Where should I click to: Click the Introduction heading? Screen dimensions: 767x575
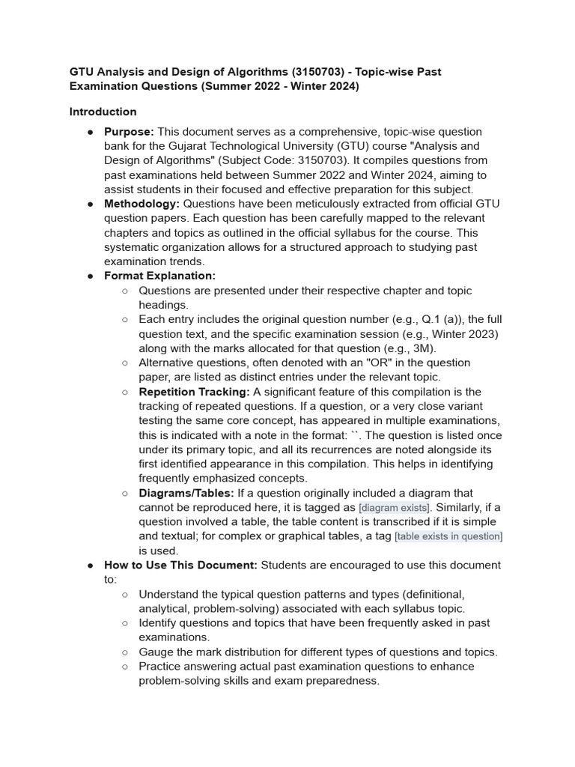[x=103, y=112]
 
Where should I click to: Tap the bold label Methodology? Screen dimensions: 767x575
[x=142, y=204]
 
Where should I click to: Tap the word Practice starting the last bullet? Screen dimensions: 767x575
[x=160, y=666]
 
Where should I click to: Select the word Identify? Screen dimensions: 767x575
[x=159, y=623]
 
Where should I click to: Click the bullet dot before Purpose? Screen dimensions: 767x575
[x=90, y=132]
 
